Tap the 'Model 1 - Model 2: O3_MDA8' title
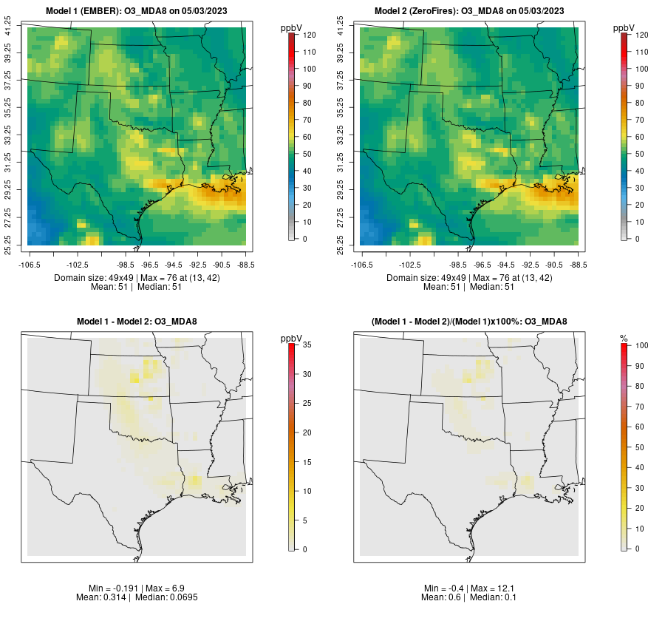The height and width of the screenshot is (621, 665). tap(137, 322)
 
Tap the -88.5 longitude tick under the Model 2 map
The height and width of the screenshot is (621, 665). tap(578, 264)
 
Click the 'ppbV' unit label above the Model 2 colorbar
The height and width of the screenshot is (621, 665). tap(625, 28)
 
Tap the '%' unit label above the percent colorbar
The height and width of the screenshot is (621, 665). tap(624, 338)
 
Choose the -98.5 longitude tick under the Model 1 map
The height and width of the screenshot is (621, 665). tap(126, 264)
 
